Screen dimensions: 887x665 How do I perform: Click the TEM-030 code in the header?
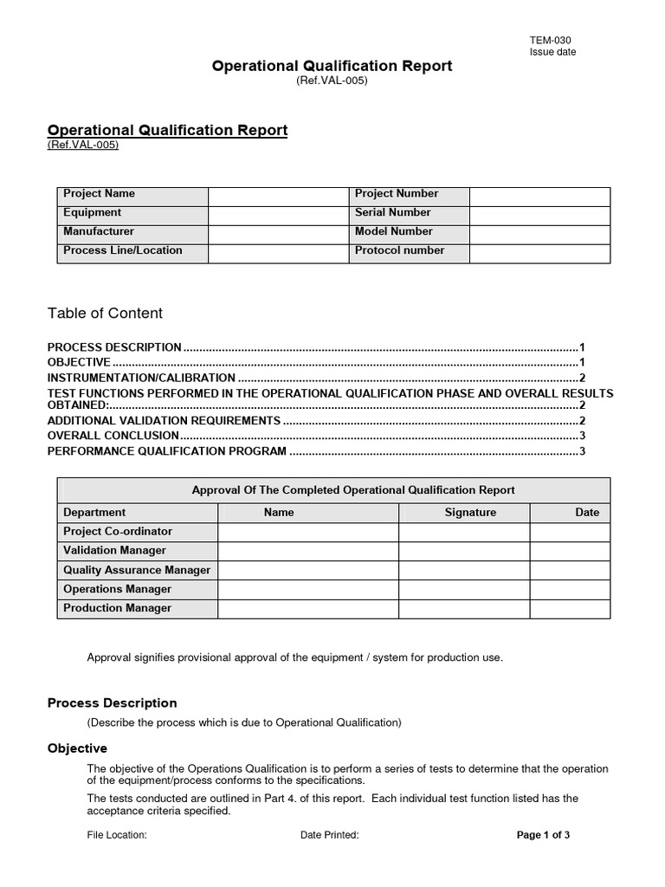coord(550,40)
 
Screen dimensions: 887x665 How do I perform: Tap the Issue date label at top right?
coord(552,52)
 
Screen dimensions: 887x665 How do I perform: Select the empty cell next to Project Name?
coord(278,195)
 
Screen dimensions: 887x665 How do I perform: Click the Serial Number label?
coord(392,213)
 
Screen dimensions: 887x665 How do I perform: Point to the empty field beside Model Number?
coord(539,232)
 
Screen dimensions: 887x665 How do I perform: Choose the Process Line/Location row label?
coord(122,251)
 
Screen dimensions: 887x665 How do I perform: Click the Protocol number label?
coord(399,251)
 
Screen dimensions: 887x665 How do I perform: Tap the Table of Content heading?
coord(105,314)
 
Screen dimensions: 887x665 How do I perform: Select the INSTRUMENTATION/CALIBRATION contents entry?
coord(141,378)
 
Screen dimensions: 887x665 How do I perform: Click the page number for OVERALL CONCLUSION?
coord(583,435)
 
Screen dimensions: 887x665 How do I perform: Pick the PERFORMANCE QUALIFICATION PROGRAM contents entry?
coord(166,451)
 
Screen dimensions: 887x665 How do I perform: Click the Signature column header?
coord(470,513)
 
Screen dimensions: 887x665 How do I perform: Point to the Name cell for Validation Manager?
coord(307,551)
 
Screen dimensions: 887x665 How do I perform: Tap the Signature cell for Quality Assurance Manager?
coord(463,571)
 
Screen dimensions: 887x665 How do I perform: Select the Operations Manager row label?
coord(117,590)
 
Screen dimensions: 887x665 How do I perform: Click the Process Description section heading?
coord(112,703)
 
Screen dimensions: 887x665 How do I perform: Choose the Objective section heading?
coord(77,748)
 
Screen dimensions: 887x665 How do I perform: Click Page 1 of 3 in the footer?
coord(543,836)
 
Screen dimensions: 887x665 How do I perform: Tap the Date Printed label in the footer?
coord(329,836)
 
